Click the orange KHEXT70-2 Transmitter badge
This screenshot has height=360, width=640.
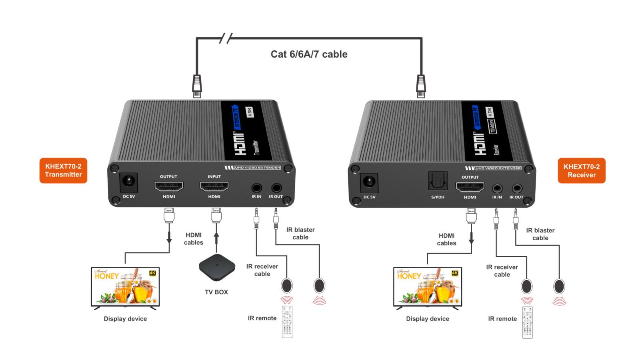click(x=63, y=170)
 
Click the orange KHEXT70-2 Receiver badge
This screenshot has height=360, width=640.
click(x=581, y=171)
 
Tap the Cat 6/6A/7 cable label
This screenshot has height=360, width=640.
click(x=309, y=54)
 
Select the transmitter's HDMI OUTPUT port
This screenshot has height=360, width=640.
click(x=169, y=186)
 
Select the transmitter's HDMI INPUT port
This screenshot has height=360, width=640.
click(x=214, y=186)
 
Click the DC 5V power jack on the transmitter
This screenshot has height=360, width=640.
click(x=129, y=182)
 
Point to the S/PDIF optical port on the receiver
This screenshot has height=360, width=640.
click(x=438, y=181)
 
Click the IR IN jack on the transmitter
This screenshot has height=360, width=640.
click(x=256, y=187)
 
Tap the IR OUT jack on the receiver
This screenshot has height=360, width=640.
click(x=517, y=188)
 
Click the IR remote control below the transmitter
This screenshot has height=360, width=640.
click(x=287, y=322)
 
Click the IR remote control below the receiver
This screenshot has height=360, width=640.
click(x=527, y=322)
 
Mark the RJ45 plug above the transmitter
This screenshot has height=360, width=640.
click(x=197, y=86)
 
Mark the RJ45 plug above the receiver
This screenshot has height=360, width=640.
click(x=421, y=86)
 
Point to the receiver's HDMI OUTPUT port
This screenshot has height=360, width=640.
click(x=470, y=187)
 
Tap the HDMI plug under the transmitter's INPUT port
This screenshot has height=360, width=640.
click(x=216, y=216)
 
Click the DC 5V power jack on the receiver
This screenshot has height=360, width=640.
click(x=369, y=183)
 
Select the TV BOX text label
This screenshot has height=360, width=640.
click(x=216, y=292)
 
